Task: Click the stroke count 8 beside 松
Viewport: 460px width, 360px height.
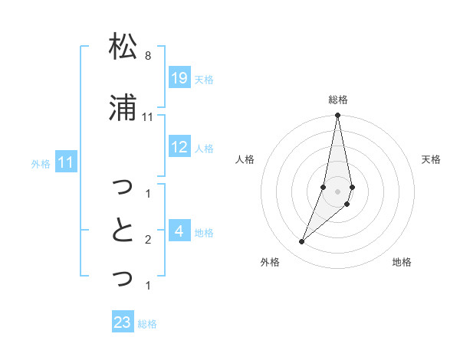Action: [x=147, y=56]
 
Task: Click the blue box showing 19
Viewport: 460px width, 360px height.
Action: [x=179, y=77]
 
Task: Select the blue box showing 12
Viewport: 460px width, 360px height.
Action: [x=179, y=147]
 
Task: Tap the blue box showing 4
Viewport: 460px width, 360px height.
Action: [x=179, y=231]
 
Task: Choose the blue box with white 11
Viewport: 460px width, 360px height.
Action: [x=66, y=162]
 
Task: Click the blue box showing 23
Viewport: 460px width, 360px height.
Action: [x=122, y=322]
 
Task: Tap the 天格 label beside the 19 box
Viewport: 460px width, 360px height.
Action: [x=204, y=79]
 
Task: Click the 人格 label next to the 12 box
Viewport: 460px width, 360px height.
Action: [x=204, y=149]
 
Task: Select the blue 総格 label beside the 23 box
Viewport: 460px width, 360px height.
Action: [x=147, y=324]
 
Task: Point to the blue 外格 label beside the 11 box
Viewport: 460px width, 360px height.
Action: [x=41, y=164]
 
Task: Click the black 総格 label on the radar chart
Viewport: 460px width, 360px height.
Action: [x=338, y=100]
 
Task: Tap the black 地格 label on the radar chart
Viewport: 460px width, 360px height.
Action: [x=402, y=262]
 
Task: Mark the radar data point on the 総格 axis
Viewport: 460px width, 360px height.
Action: [x=338, y=116]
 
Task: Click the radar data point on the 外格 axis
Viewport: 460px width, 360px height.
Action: [x=302, y=241]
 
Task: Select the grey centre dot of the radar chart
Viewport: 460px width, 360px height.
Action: [x=338, y=191]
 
